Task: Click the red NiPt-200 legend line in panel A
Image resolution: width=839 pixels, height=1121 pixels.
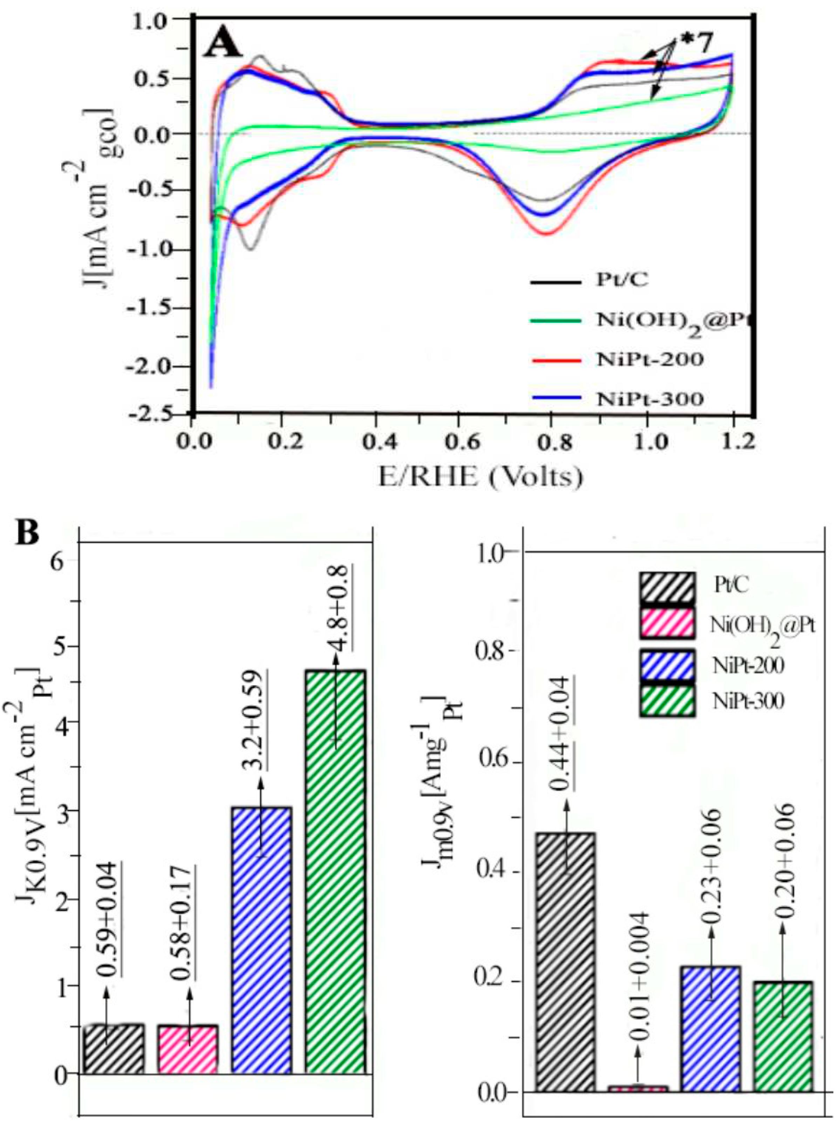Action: pyautogui.click(x=555, y=360)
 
